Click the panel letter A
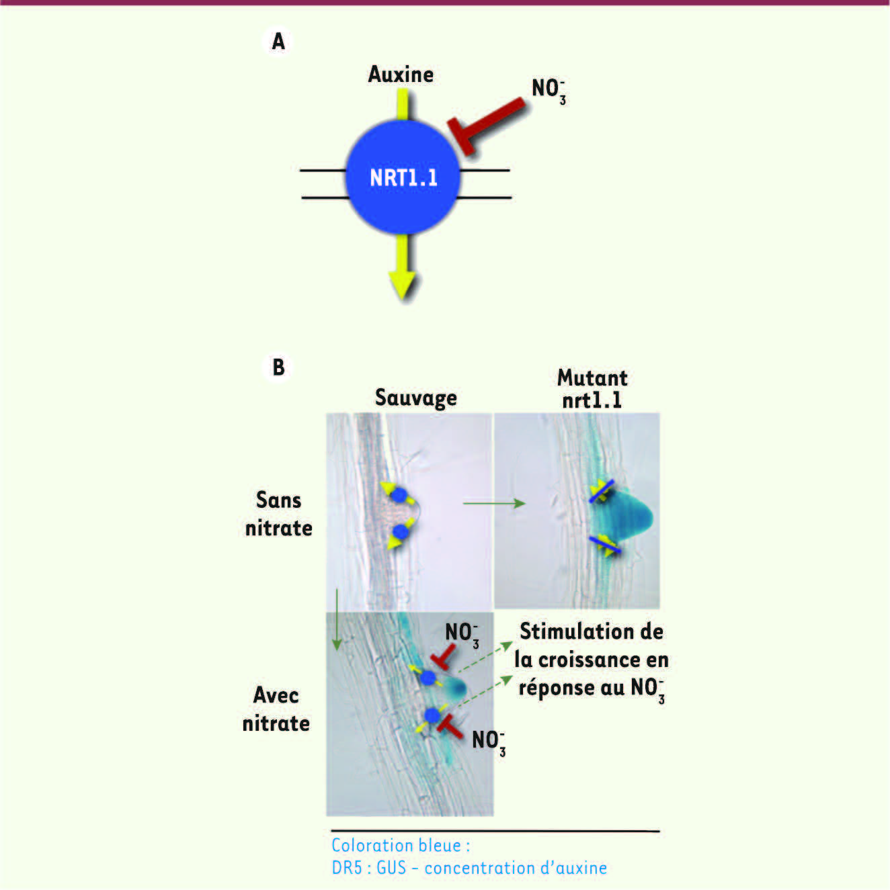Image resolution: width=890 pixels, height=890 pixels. point(278,42)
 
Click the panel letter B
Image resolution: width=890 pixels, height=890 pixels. point(279,367)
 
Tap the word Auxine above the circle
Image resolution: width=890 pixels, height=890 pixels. point(401,75)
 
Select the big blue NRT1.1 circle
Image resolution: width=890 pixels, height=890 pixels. point(403,177)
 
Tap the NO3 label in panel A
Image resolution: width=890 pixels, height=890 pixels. point(549,91)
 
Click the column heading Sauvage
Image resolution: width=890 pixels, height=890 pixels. point(415,398)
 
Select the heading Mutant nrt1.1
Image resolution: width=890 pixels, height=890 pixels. point(592,389)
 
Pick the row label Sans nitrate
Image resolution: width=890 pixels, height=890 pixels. point(278,514)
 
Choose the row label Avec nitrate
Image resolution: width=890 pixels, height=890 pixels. point(276,709)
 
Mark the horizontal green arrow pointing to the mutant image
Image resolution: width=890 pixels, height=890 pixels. point(494,503)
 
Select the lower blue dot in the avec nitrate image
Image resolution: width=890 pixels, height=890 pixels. point(432,715)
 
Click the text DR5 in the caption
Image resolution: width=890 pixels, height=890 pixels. point(347,868)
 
